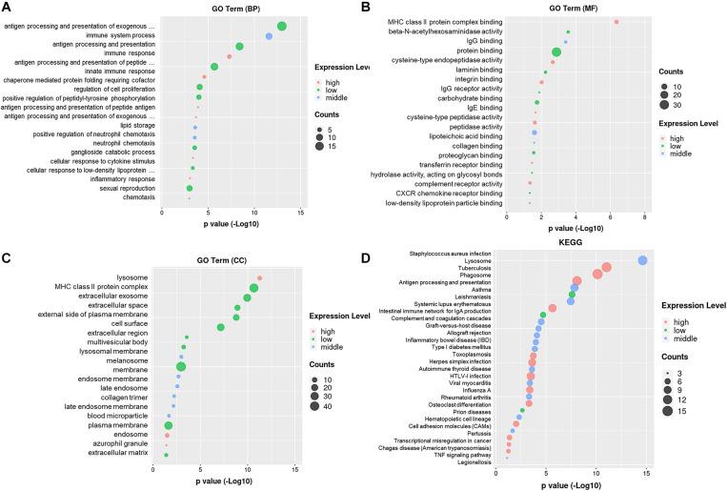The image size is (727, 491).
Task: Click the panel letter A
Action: tap(7, 8)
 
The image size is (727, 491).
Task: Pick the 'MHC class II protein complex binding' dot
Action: tap(616, 21)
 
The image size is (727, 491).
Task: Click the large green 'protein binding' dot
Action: tap(556, 51)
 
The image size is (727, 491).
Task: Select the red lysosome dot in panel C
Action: tap(259, 278)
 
